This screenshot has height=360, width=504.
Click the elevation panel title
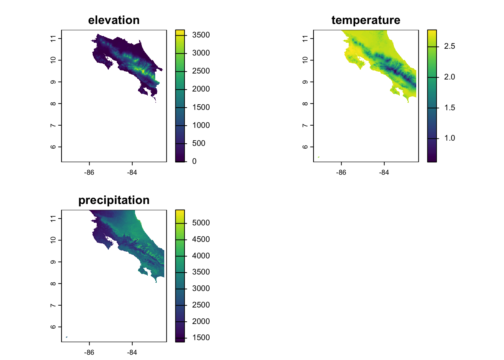114,20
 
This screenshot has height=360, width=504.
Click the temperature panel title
366,20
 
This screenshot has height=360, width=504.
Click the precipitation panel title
114,200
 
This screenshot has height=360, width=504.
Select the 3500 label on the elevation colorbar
201,35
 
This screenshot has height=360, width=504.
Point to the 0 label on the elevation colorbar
194,161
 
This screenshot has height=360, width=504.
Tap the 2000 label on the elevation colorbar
201,89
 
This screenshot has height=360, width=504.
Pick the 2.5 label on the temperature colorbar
449,46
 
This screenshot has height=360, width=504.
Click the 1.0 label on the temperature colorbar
449,138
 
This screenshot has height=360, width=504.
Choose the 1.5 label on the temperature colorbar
449,108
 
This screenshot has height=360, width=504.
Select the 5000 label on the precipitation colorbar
201,223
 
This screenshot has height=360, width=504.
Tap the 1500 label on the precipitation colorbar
201,337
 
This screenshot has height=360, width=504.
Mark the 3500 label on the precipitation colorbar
201,272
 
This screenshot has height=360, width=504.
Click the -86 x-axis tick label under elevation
89,172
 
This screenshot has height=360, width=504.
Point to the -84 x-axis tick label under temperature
384,172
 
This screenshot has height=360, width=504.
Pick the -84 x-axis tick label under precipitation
132,352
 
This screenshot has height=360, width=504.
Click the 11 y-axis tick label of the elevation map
53,38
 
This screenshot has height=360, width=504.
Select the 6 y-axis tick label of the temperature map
305,147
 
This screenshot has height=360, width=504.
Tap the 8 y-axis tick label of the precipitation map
53,283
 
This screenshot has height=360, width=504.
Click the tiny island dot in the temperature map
318,157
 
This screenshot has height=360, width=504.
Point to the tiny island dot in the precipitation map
66,337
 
